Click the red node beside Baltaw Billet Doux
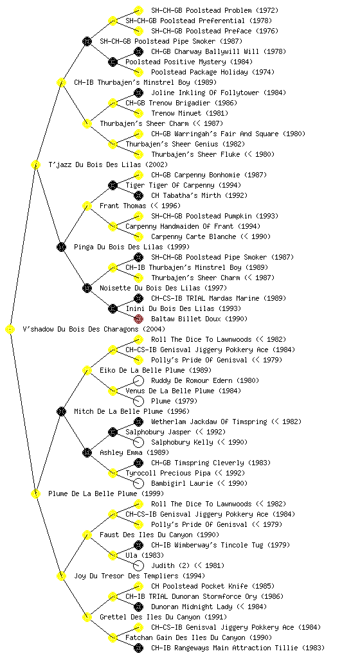click(138, 319)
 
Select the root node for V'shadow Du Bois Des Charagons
click(10, 330)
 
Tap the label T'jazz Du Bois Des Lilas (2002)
click(108, 165)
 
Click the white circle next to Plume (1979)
click(138, 401)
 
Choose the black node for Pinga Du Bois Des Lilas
click(61, 247)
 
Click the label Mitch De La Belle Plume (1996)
click(132, 412)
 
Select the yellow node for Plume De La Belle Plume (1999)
click(35, 494)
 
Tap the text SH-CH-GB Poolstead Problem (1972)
click(215, 10)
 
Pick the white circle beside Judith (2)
click(138, 565)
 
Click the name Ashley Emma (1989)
click(134, 453)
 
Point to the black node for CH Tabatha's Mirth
click(138, 195)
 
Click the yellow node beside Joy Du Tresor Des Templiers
click(61, 576)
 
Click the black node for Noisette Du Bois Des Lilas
click(87, 289)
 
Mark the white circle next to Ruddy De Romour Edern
click(138, 380)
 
